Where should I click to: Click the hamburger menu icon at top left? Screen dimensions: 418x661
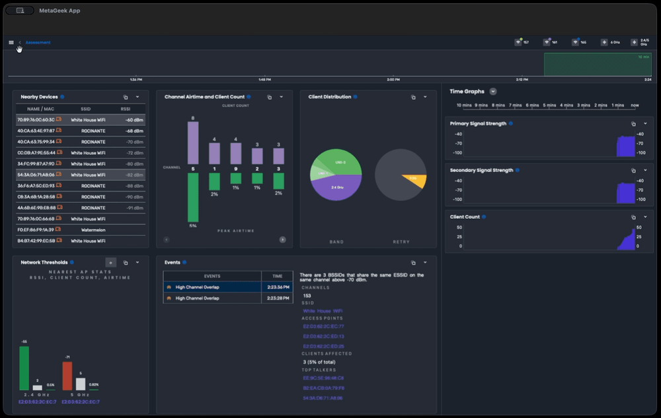11,42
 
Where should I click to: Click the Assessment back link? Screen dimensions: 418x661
38,42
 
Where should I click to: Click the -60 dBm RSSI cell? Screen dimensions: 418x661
134,120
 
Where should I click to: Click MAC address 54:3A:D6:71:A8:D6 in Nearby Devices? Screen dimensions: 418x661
36,175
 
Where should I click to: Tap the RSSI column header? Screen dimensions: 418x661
126,109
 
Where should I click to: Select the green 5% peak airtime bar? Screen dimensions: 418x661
193,198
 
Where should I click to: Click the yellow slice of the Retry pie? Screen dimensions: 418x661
414,181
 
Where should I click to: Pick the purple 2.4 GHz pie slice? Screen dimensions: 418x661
336,189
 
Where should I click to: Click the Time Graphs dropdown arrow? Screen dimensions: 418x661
493,92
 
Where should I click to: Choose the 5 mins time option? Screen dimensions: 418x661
549,105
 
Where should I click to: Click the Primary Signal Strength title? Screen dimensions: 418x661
478,124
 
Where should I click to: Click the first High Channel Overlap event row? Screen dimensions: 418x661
212,287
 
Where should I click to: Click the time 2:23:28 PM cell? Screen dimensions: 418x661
277,298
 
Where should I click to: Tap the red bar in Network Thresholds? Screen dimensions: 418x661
67,376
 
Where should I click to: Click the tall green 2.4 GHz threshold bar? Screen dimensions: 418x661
24,368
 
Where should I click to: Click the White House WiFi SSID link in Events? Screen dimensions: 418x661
323,311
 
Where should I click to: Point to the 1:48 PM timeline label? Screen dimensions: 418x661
264,79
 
